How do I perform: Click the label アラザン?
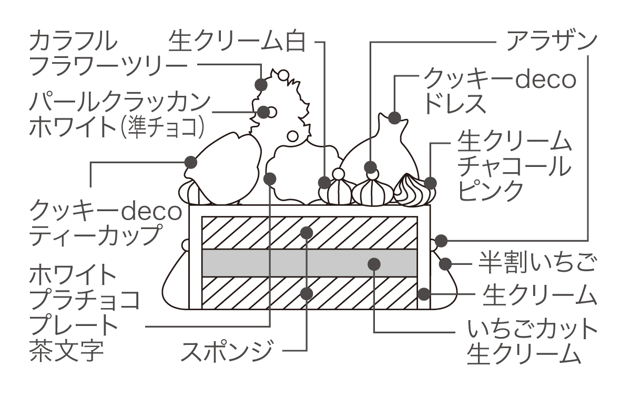(x=551, y=41)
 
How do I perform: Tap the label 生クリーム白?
(x=237, y=41)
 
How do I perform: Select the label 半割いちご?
(x=537, y=262)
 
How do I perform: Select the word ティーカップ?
(x=94, y=235)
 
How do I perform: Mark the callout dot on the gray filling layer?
(x=373, y=263)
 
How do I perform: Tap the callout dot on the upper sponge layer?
(x=307, y=232)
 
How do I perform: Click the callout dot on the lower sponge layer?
(x=307, y=293)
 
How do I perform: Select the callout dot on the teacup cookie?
(x=190, y=162)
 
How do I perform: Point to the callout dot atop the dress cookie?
(x=394, y=117)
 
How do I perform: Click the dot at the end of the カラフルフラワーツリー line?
(x=261, y=84)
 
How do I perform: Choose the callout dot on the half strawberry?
(x=446, y=262)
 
